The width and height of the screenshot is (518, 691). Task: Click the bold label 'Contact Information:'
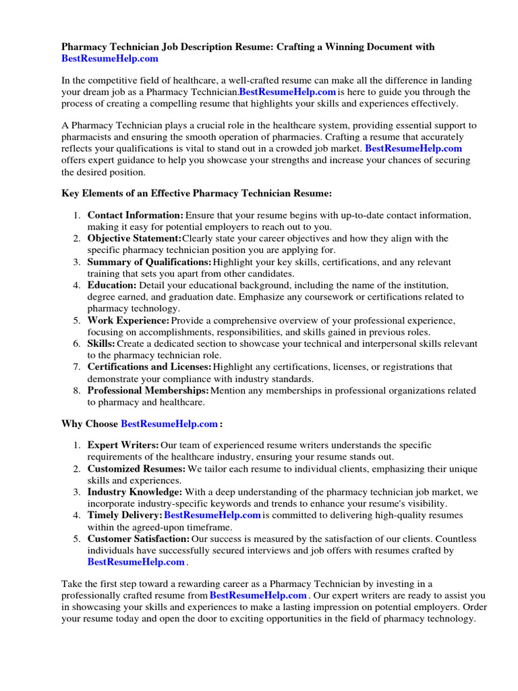click(135, 215)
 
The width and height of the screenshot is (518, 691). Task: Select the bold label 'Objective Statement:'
click(134, 239)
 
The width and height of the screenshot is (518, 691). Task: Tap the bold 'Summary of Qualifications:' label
click(149, 262)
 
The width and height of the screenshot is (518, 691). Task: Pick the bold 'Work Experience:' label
click(128, 321)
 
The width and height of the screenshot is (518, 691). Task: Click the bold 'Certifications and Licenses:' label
click(149, 367)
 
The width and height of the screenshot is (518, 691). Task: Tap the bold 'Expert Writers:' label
click(123, 445)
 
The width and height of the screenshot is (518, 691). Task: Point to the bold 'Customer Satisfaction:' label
click(138, 539)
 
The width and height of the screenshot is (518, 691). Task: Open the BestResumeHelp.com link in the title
click(110, 59)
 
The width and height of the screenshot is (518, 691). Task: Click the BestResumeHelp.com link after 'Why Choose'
click(169, 424)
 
